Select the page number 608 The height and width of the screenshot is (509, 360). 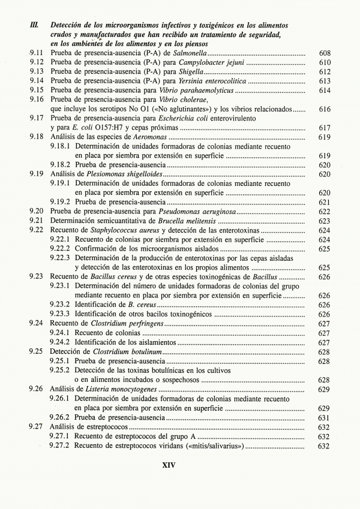tap(325, 53)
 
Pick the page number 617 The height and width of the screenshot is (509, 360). tap(325, 127)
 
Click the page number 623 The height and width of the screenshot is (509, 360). tap(325, 220)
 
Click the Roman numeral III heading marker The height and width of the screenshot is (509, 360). tap(35, 25)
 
